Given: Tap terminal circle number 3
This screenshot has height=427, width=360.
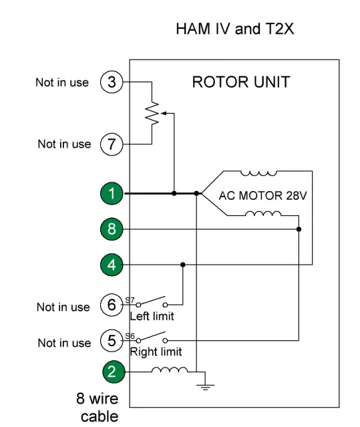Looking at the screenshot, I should click(x=112, y=83).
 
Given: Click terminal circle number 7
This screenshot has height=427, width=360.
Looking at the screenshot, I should click(x=112, y=144).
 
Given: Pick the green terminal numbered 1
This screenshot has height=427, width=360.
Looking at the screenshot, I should click(x=112, y=194).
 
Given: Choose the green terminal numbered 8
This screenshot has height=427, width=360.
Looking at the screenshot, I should click(x=112, y=229).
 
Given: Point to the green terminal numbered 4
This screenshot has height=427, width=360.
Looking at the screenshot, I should click(x=112, y=265).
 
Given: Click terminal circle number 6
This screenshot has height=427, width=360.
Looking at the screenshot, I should click(x=112, y=307).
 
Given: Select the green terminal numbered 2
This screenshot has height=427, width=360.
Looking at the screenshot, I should click(x=112, y=372).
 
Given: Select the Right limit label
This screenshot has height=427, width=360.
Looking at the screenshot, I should click(x=156, y=351).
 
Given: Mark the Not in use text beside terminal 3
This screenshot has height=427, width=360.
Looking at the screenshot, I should click(x=63, y=84).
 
